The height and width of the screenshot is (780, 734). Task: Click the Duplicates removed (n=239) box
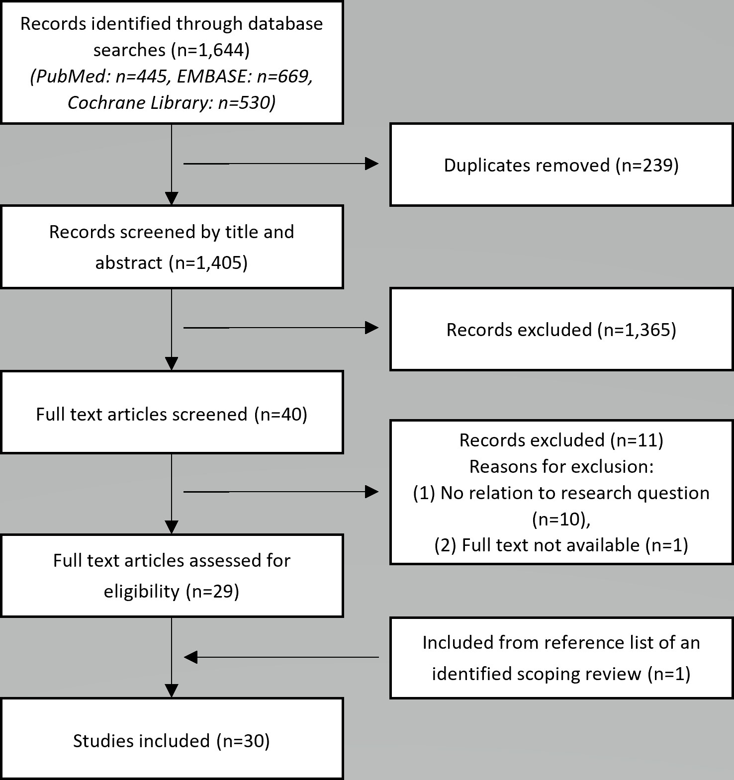tap(561, 165)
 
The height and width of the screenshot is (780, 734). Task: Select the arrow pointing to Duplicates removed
tap(281, 164)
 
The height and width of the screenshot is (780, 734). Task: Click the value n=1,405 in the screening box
tap(208, 262)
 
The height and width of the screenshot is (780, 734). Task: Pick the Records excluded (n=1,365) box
tap(561, 329)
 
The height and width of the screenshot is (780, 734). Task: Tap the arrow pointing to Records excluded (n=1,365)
tap(281, 328)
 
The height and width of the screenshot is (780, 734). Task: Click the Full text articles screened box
tap(172, 412)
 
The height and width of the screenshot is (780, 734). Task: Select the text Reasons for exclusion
tap(560, 466)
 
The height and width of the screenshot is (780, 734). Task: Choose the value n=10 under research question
tap(558, 519)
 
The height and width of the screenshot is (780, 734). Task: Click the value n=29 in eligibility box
tap(212, 592)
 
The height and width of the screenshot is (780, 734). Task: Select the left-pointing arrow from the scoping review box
tap(281, 657)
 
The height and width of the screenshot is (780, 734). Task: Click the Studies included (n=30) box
tap(172, 738)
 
